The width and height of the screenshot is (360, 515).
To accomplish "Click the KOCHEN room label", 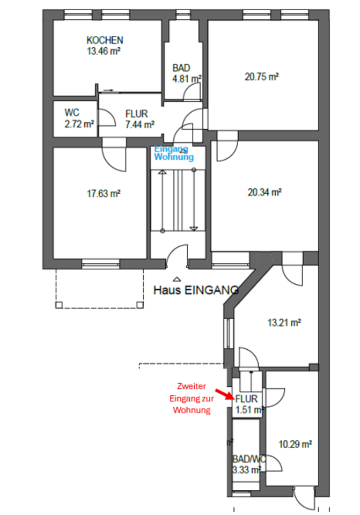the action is [x=105, y=40].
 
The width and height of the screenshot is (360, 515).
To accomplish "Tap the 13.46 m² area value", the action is [x=103, y=51].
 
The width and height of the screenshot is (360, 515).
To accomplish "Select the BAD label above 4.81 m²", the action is [x=181, y=68].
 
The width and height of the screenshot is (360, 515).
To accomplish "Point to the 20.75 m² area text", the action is [x=261, y=77].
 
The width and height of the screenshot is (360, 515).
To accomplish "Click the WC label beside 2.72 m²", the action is [x=72, y=113].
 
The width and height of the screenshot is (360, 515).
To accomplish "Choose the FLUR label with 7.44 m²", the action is [x=136, y=114].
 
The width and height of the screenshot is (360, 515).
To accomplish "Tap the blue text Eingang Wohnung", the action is [x=173, y=153].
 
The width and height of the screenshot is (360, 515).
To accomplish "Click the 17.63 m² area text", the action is [x=104, y=194].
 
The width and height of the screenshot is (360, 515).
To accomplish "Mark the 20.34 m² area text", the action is [x=265, y=192].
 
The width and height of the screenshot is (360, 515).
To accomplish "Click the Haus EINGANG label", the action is [x=196, y=290].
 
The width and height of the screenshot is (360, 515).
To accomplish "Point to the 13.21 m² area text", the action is [x=284, y=322].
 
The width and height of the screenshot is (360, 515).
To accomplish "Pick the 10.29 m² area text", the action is [x=296, y=444].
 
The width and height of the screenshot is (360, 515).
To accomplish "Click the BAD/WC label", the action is [x=248, y=460].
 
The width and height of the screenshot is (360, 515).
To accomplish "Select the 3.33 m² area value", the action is [x=246, y=470].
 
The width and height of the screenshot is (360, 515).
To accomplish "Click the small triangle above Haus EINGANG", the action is [x=177, y=279].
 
